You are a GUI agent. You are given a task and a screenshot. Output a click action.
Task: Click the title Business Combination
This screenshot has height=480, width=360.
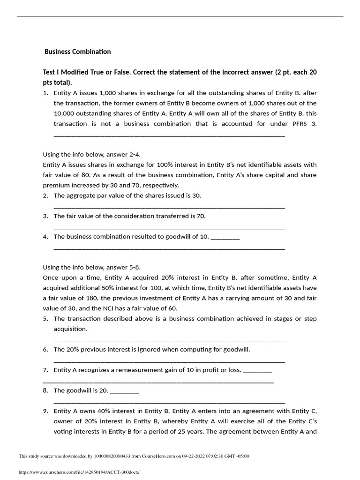coord(77,52)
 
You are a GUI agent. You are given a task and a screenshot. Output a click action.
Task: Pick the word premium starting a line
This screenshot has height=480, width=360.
coord(56,185)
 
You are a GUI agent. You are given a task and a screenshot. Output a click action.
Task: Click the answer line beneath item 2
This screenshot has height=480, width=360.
coord(169,207)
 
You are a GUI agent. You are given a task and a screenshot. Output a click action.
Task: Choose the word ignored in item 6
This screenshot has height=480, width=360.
coord(148,350)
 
